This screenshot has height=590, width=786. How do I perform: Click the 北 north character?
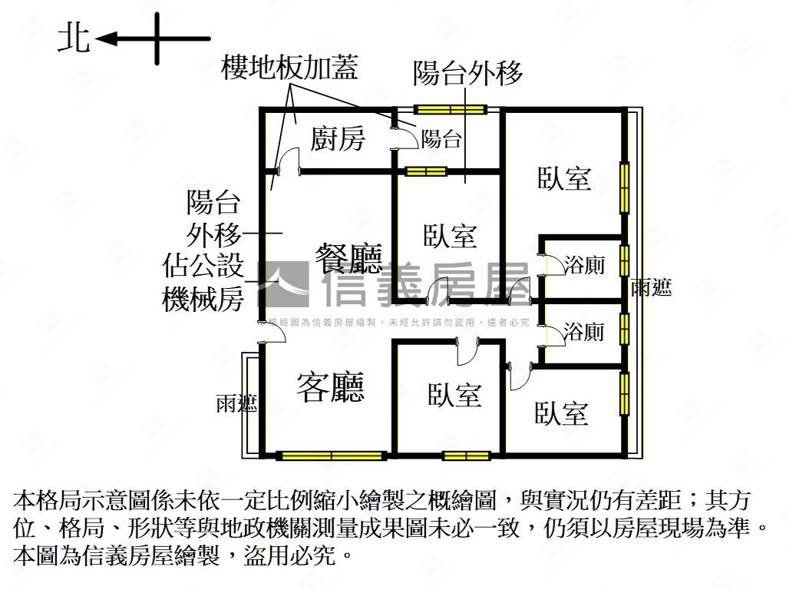point(74,38)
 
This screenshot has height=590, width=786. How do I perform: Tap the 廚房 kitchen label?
point(338,139)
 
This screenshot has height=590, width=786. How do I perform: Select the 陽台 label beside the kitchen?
point(442,139)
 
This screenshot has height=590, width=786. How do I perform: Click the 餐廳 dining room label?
point(349,258)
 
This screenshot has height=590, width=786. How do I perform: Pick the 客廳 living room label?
point(331,387)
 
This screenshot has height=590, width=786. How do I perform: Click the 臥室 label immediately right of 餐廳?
point(451,235)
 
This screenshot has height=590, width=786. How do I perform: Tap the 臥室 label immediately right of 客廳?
point(454,395)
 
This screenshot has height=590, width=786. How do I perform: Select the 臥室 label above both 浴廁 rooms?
point(563,178)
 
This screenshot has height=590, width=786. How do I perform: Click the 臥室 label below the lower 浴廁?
point(562,413)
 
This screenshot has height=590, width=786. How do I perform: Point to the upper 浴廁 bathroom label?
point(584,266)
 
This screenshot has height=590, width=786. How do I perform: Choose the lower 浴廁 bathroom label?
point(584,332)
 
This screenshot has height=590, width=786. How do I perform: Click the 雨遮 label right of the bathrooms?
point(652,288)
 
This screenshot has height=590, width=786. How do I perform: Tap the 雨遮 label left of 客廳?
point(236,403)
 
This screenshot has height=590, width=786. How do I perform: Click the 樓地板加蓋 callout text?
point(289,69)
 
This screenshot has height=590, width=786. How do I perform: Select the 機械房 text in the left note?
point(203,300)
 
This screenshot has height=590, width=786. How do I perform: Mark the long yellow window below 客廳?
point(331,456)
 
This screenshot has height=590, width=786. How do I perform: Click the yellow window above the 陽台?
point(450,109)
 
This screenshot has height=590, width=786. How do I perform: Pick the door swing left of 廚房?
point(287,161)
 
